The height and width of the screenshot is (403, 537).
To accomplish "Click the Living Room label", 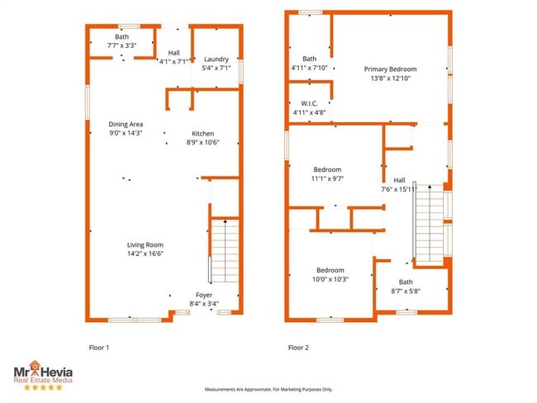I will click(145, 244).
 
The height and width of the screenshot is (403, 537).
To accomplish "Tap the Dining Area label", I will click(126, 124).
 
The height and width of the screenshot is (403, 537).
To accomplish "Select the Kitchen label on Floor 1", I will click(203, 134).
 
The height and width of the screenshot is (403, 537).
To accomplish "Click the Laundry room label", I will click(216, 59).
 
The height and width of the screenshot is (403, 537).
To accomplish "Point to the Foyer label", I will click(204, 295).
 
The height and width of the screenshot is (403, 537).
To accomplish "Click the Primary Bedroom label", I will click(391, 69).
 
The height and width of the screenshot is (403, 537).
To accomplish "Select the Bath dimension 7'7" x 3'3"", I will click(121, 45).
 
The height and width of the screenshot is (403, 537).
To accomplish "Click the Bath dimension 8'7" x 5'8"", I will click(406, 291).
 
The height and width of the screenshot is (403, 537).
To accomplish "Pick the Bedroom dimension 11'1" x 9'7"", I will click(327, 178).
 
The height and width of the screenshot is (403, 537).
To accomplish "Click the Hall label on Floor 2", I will click(399, 180).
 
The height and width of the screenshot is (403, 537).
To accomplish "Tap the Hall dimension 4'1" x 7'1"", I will click(173, 61).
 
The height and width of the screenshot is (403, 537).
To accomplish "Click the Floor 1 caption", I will click(98, 348).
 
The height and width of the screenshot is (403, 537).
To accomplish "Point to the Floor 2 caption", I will click(298, 348).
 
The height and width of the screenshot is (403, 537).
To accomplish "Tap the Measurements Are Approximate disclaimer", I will click(268, 389).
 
